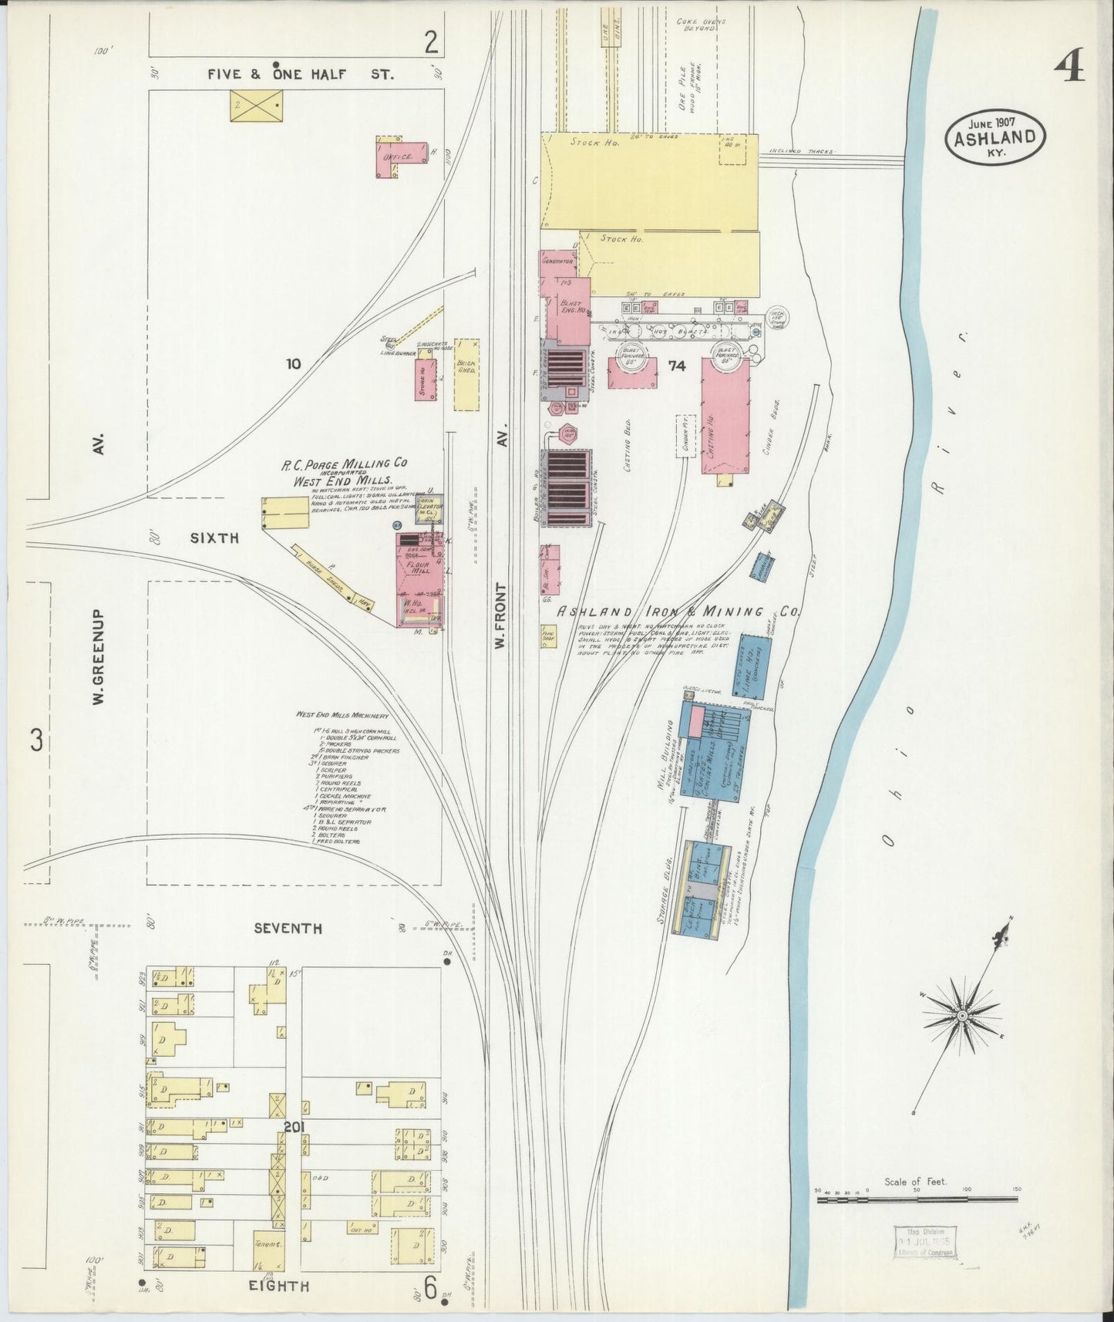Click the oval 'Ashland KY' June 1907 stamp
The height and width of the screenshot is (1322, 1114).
coord(995,137)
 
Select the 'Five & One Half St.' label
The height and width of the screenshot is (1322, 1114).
coord(301,75)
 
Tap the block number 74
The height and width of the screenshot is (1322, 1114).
coord(677,366)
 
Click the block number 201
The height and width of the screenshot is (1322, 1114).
coord(294,1128)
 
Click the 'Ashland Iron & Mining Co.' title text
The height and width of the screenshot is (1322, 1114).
coord(678,611)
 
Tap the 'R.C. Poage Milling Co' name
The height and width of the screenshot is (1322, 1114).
coord(344,464)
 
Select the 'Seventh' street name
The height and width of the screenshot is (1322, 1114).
coord(288,929)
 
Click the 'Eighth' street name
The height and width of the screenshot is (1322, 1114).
coord(278,1286)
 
